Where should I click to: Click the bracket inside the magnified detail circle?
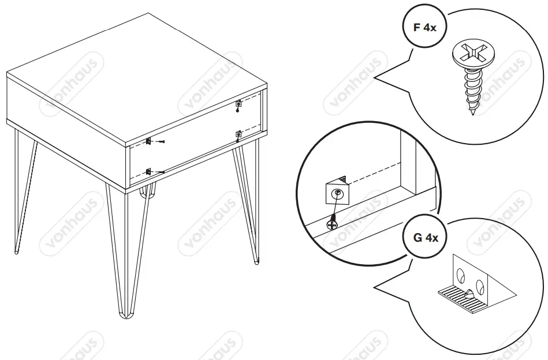(x=335, y=193)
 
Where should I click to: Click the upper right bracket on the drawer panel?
(x=239, y=104)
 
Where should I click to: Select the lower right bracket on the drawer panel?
(x=238, y=135)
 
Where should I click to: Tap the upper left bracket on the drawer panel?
(x=148, y=141)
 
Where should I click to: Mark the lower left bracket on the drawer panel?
(x=148, y=171)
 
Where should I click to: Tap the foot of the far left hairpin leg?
(x=16, y=251)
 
